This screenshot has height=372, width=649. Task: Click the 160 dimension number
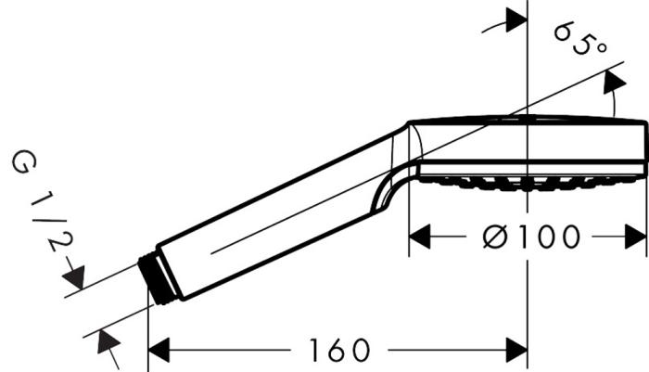click(x=337, y=351)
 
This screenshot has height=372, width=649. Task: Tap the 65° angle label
click(x=579, y=39)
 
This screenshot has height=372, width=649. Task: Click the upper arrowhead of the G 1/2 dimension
click(x=73, y=276)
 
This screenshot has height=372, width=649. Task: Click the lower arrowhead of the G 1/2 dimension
click(x=109, y=348)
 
